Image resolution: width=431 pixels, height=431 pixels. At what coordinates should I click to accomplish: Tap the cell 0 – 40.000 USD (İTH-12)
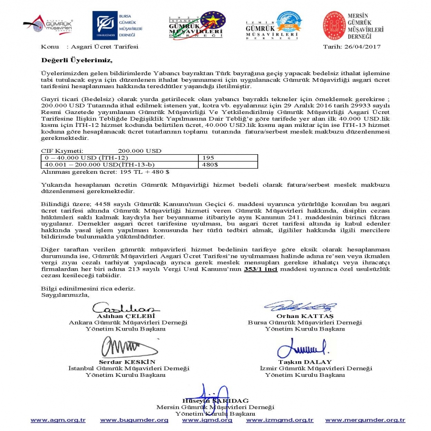[x=120, y=157]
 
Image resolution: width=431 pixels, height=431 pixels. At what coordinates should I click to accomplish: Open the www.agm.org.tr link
[x=58, y=420]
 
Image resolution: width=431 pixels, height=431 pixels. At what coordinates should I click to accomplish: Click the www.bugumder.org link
[x=134, y=420]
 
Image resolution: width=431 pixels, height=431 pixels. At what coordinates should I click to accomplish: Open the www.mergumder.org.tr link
[x=365, y=420]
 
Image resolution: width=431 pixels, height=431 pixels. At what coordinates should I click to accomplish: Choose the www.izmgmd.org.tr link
[x=280, y=420]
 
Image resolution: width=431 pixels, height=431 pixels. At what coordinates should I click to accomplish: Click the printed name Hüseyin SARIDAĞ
[x=215, y=400]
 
